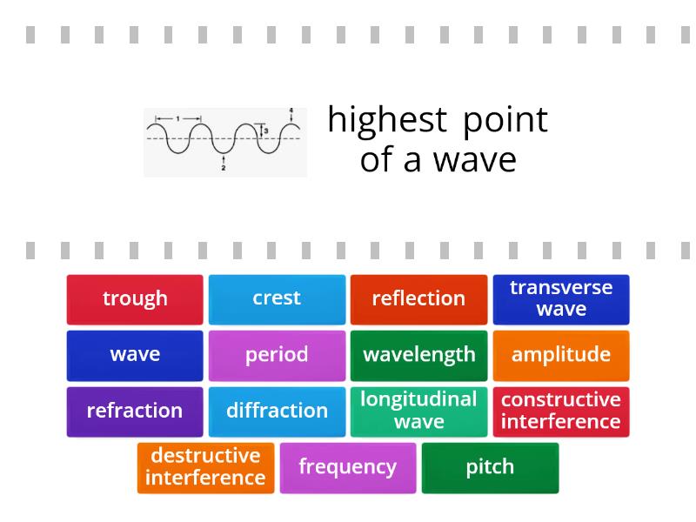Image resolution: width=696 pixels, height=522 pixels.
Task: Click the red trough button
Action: pyautogui.click(x=135, y=299)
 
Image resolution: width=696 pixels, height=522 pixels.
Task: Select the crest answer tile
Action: pyautogui.click(x=277, y=299)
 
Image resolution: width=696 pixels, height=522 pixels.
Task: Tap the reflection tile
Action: pyautogui.click(x=418, y=299)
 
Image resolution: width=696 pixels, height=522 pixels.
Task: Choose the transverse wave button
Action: pyautogui.click(x=561, y=299)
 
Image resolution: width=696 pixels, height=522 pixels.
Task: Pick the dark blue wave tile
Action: pyautogui.click(x=135, y=356)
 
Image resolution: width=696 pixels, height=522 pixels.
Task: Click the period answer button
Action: pyautogui.click(x=277, y=356)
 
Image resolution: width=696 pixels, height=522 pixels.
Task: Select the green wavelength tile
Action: pyautogui.click(x=418, y=356)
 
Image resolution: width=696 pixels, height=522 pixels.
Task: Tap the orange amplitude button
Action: pyautogui.click(x=561, y=356)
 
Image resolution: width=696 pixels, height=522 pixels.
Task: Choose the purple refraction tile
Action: pyautogui.click(x=135, y=412)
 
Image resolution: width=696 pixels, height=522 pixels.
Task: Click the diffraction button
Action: pyautogui.click(x=277, y=412)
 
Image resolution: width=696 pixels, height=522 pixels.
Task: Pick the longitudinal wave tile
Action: pyautogui.click(x=418, y=412)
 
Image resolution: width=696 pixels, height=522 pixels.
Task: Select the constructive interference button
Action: pyautogui.click(x=561, y=412)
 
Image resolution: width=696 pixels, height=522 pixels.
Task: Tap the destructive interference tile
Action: pyautogui.click(x=205, y=468)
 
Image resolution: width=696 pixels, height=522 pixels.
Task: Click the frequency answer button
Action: pyautogui.click(x=348, y=468)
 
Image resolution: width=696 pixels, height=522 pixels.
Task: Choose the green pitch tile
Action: pyautogui.click(x=490, y=468)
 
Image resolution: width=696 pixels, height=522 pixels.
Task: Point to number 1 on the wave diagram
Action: pyautogui.click(x=178, y=118)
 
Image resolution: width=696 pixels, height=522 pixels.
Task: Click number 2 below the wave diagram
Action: pyautogui.click(x=224, y=168)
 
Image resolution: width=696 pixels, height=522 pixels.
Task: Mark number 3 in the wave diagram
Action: pyautogui.click(x=266, y=131)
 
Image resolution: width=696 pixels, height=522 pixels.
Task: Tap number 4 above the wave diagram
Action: pyautogui.click(x=291, y=110)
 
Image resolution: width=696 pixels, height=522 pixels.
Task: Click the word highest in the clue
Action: pyautogui.click(x=387, y=121)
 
